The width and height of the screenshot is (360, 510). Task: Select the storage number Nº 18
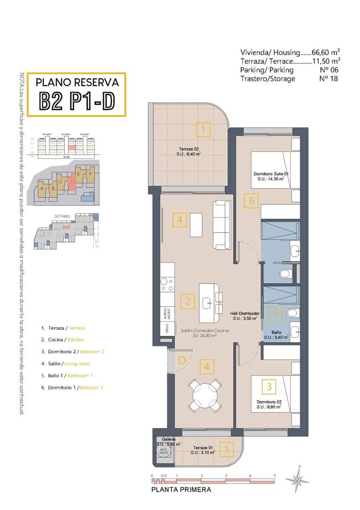pyautogui.click(x=328, y=79)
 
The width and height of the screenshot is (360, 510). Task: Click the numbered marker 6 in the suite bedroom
pyautogui.click(x=252, y=201)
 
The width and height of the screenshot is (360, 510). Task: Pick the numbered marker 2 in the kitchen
pyautogui.click(x=187, y=302)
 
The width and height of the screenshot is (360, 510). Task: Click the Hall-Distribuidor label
pyautogui.click(x=244, y=315)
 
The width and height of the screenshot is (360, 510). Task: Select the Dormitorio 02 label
pyautogui.click(x=269, y=404)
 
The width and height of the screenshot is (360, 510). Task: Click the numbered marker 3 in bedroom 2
pyautogui.click(x=269, y=387)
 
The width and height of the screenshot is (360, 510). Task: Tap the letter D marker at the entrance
pyautogui.click(x=181, y=360)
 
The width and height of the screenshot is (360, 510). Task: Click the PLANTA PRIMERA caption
pyautogui.click(x=181, y=490)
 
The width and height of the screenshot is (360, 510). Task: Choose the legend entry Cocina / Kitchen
pyautogui.click(x=62, y=340)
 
